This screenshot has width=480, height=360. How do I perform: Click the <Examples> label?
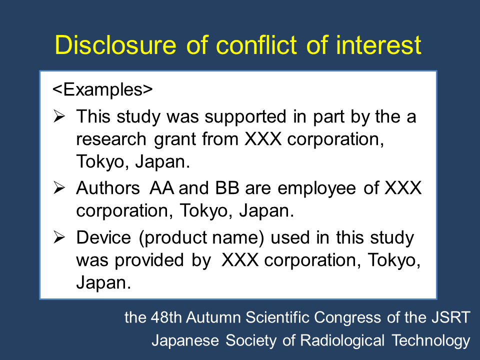[x=102, y=89]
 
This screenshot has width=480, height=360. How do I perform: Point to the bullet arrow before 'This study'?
[x=59, y=116]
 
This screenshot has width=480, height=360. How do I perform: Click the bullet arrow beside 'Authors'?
[x=59, y=187]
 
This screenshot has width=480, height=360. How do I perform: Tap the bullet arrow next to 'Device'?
[x=59, y=237]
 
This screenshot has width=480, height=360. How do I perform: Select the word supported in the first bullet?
[x=245, y=117]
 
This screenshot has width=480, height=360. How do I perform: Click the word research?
[x=111, y=139]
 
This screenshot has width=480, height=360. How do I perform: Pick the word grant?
[x=174, y=140]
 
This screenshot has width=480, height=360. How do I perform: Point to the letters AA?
[x=161, y=187]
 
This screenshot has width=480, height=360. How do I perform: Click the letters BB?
[x=227, y=187]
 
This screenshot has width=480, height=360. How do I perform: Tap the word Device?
[x=103, y=237]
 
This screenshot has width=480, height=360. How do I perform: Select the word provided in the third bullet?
[x=149, y=261]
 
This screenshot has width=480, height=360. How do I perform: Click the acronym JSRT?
[x=451, y=317]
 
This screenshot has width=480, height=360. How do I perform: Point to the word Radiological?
[x=342, y=340]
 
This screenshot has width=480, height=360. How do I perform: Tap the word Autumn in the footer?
[x=213, y=317]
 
